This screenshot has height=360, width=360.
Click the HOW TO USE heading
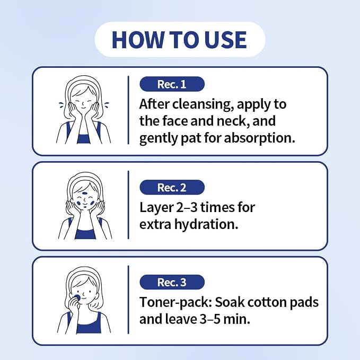click(x=179, y=39)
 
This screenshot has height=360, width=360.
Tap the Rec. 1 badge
click(x=172, y=84)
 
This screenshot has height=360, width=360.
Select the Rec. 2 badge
click(x=172, y=187)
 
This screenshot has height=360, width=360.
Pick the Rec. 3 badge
click(x=172, y=282)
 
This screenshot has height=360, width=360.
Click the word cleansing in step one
click(x=201, y=104)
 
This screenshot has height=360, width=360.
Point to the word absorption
click(x=259, y=138)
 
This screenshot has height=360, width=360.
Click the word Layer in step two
click(x=156, y=208)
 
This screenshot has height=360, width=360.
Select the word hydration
click(x=206, y=224)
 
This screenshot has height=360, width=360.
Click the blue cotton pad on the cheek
click(x=77, y=297)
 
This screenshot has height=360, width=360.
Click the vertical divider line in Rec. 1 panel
click(x=128, y=110)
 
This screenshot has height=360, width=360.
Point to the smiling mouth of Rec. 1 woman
click(x=83, y=108)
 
